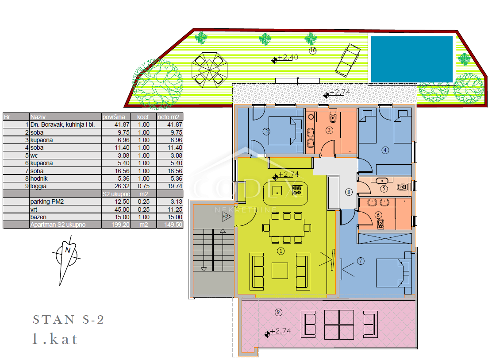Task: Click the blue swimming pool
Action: tap(411, 59)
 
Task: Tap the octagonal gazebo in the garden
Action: tap(209, 70)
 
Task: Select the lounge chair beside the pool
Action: tap(348, 60)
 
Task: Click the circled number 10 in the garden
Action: tap(312, 50)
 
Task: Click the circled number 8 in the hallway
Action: tap(349, 192)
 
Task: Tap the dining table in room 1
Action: tap(286, 228)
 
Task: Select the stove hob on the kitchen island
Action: tap(297, 190)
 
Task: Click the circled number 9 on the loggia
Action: tap(278, 312)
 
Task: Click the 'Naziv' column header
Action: tap(38, 117)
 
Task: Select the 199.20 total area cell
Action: tap(120, 225)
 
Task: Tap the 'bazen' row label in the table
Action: tap(38, 217)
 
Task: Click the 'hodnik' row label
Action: tap(39, 178)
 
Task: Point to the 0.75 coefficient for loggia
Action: tap(144, 186)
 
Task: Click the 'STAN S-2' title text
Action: tap(69, 319)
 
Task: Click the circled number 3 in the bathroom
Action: tap(329, 130)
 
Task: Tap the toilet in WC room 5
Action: tap(402, 187)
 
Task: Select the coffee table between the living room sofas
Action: tap(280, 271)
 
